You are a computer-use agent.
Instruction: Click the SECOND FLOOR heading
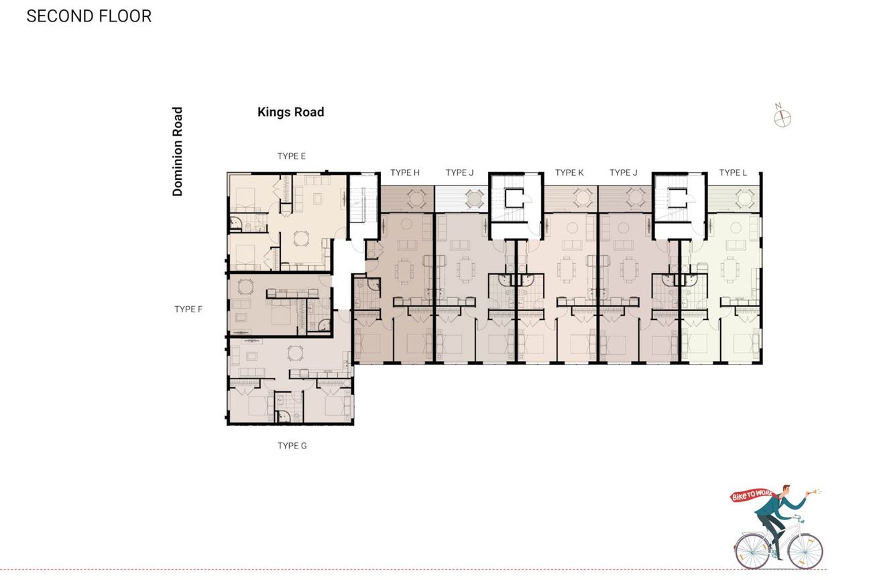89,16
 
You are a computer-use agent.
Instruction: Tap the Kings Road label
290,112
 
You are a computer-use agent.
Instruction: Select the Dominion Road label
177,152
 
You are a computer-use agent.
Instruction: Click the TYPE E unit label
292,156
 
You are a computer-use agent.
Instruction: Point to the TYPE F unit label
188,309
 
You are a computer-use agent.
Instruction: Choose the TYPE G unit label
292,446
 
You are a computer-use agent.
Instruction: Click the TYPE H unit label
404,173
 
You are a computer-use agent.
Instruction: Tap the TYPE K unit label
569,173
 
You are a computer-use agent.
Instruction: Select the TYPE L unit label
733,173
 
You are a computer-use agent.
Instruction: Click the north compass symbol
782,117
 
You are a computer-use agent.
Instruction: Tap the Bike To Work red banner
752,495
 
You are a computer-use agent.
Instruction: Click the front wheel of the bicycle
805,552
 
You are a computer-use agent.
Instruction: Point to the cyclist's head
784,490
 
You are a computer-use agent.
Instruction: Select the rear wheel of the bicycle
752,551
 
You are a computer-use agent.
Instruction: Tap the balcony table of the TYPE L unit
745,198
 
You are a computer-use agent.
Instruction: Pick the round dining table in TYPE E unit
301,238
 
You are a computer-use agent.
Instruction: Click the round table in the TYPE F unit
245,287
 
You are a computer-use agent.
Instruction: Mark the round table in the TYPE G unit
295,353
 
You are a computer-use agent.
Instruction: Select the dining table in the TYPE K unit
567,269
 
